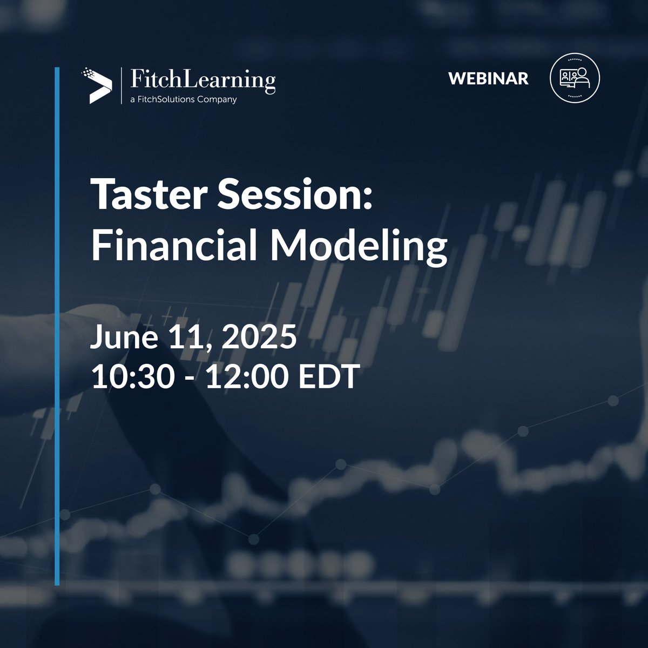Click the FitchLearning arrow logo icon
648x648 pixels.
pyautogui.click(x=97, y=86)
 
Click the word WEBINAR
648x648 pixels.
pyautogui.click(x=488, y=79)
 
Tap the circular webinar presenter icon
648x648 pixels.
pyautogui.click(x=574, y=78)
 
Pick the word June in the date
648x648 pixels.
pyautogui.click(x=120, y=338)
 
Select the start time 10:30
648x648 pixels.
pyautogui.click(x=132, y=377)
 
